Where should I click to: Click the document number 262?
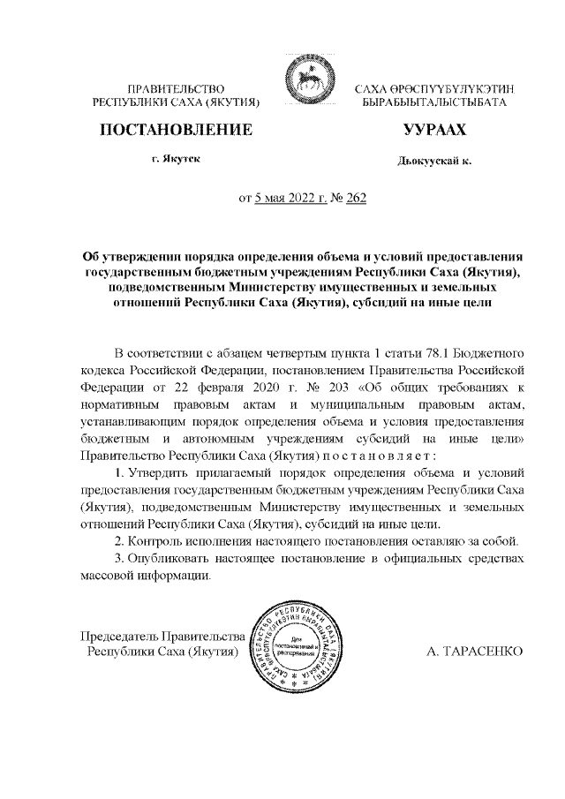[x=356, y=198]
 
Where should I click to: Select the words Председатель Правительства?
[x=162, y=636]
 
